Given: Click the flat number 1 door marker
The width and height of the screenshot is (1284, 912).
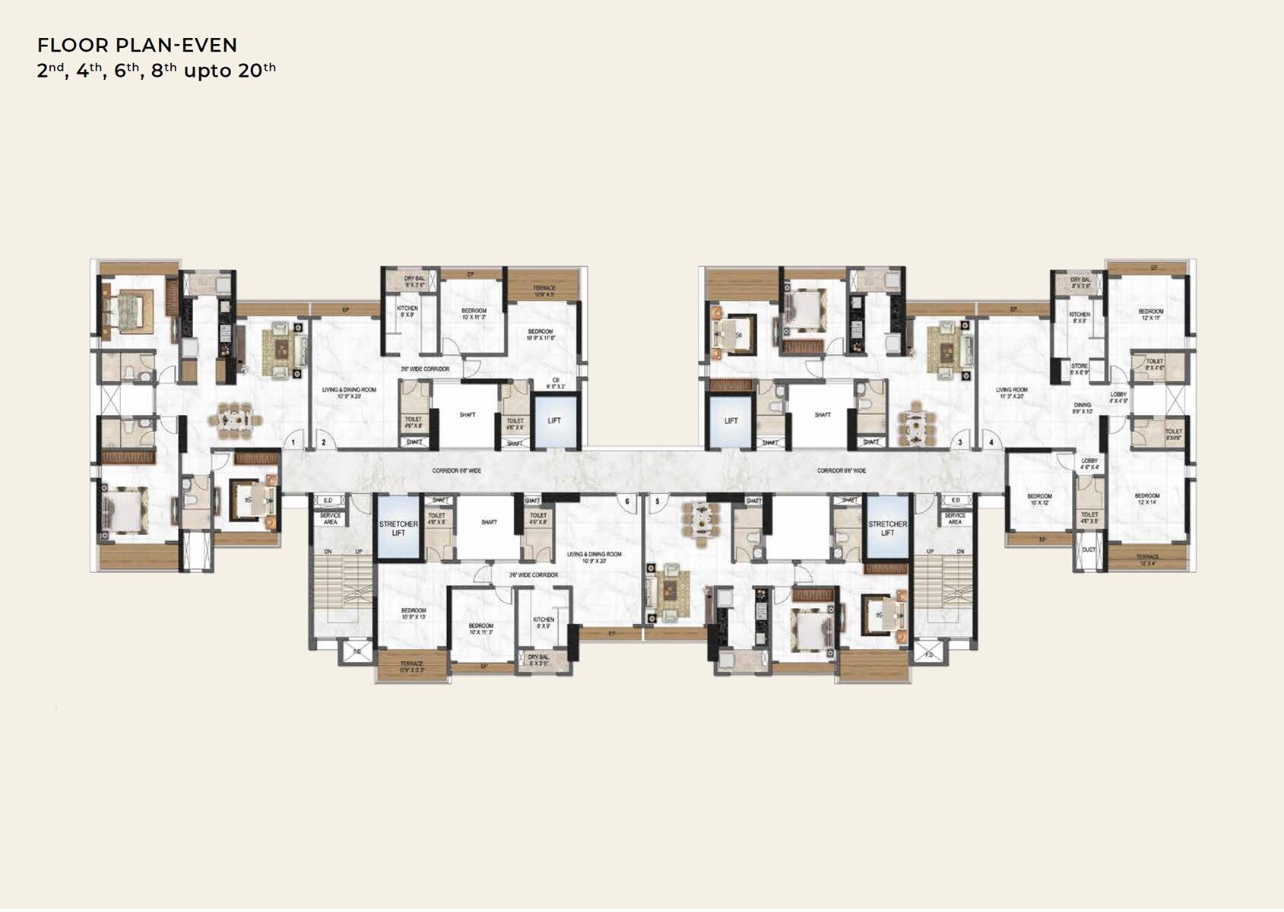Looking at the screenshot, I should [293, 442].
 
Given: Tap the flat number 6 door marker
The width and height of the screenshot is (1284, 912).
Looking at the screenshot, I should [627, 502].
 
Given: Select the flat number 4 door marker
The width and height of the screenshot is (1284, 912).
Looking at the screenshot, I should [991, 442].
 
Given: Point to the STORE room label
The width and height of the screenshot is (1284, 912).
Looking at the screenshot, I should [1080, 369].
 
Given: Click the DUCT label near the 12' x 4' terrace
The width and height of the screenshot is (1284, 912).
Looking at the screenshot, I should [1089, 549].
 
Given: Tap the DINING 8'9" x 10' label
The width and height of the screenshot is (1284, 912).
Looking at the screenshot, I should [1082, 408].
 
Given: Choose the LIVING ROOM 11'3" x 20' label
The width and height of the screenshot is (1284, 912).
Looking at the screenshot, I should [1012, 393].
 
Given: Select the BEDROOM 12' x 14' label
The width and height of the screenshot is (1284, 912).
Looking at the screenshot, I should [1147, 499].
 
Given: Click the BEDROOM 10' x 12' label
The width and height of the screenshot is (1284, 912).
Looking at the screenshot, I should [1039, 499].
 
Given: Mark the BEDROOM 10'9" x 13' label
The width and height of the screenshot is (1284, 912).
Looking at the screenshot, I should [414, 613].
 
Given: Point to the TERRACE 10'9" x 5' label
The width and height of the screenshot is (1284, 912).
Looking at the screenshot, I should [544, 290].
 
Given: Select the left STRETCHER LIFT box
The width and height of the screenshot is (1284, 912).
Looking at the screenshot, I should [398, 528].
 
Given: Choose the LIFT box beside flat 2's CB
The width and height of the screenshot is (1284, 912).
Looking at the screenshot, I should [554, 420].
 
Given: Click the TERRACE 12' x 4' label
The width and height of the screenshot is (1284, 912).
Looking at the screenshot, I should [1148, 559].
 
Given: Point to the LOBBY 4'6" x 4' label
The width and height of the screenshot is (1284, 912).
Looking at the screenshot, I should [1089, 464].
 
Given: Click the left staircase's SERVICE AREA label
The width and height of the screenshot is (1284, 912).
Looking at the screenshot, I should [330, 518].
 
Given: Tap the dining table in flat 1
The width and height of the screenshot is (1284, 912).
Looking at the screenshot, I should [234, 420].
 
